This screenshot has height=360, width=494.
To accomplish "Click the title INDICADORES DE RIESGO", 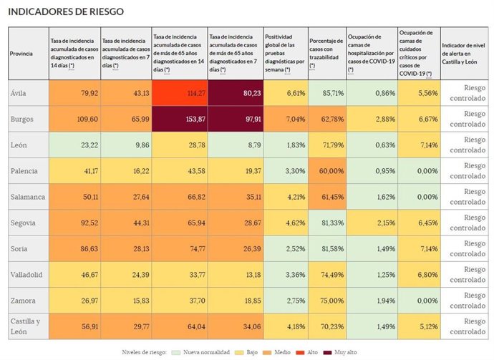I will pyautogui.click(x=65, y=12).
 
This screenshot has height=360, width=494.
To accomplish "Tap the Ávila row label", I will pyautogui.click(x=19, y=93).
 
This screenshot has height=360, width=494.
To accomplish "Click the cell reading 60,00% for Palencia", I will pyautogui.click(x=326, y=172).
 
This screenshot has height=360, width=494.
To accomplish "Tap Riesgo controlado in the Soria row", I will pyautogui.click(x=466, y=248).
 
